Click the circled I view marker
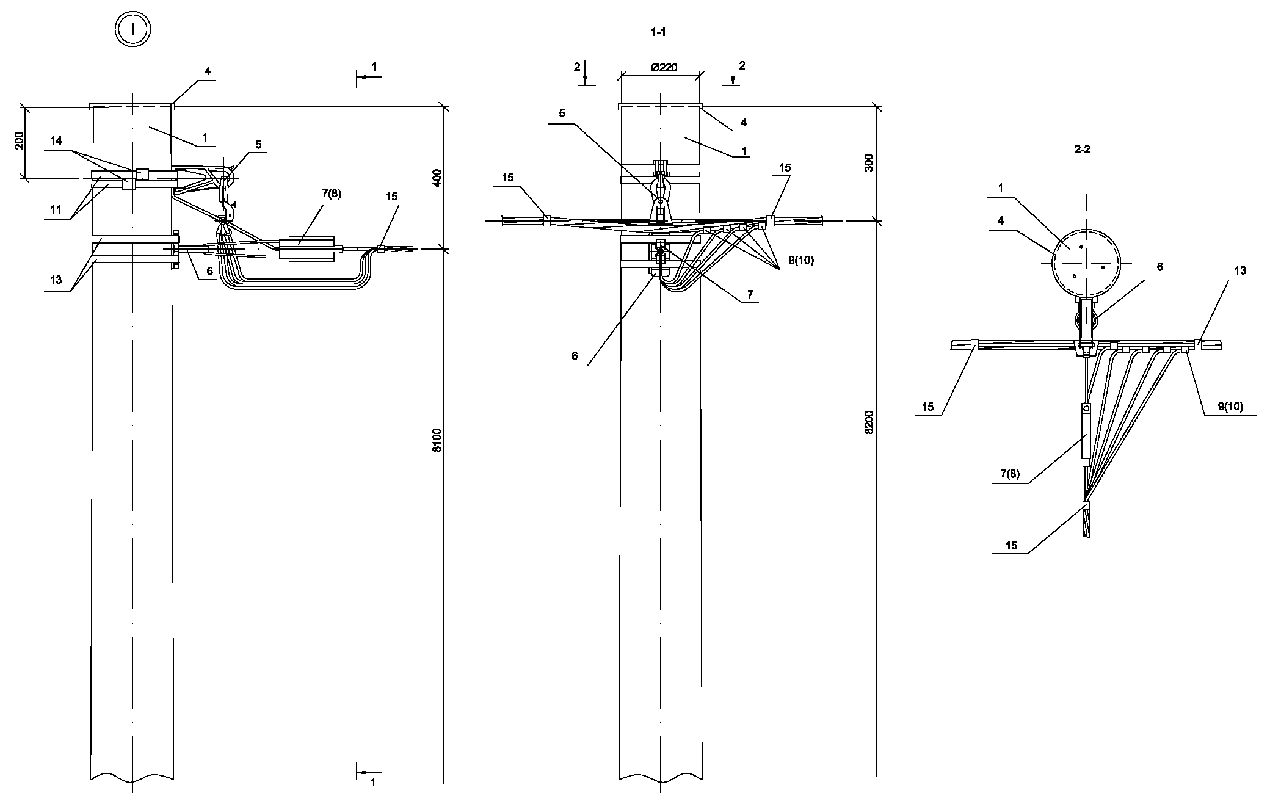coord(132,29)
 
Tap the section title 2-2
coord(1082,149)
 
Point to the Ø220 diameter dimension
coord(664,68)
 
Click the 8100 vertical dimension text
coord(437,440)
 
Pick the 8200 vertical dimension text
coord(869,422)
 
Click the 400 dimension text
coord(437,178)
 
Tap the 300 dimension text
coord(869,162)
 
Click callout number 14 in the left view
coord(56,141)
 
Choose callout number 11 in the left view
coord(56,209)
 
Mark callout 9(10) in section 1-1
coord(800,261)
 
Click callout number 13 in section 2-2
coord(1240,270)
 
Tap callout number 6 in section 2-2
coord(1159,267)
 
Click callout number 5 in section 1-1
coord(562,113)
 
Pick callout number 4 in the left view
coord(208,71)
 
